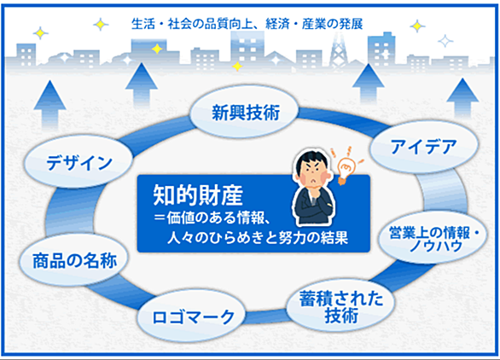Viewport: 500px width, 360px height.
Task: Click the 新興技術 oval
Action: [x=244, y=112]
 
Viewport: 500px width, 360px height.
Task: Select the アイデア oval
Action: [x=424, y=147]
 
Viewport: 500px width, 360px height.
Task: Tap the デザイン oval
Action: [x=78, y=161]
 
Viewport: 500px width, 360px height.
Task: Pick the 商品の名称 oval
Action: [x=73, y=260]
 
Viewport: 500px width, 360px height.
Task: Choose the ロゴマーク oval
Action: [x=192, y=316]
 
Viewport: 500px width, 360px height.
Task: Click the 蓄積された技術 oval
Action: [x=340, y=305]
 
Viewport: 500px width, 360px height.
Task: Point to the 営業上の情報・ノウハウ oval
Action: [x=433, y=238]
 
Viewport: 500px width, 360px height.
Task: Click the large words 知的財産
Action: [x=198, y=195]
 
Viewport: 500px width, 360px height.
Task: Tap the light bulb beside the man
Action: [x=346, y=166]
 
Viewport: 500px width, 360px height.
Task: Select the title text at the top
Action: [x=247, y=24]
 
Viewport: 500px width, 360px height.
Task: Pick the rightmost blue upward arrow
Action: [x=462, y=98]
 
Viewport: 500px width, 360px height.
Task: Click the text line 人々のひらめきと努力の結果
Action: [x=258, y=237]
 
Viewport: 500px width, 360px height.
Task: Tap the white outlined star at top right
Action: [x=445, y=41]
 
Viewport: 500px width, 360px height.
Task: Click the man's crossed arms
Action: [x=313, y=207]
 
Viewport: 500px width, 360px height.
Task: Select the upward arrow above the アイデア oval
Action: [x=369, y=84]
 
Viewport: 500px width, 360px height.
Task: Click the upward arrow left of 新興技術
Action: [x=142, y=84]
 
